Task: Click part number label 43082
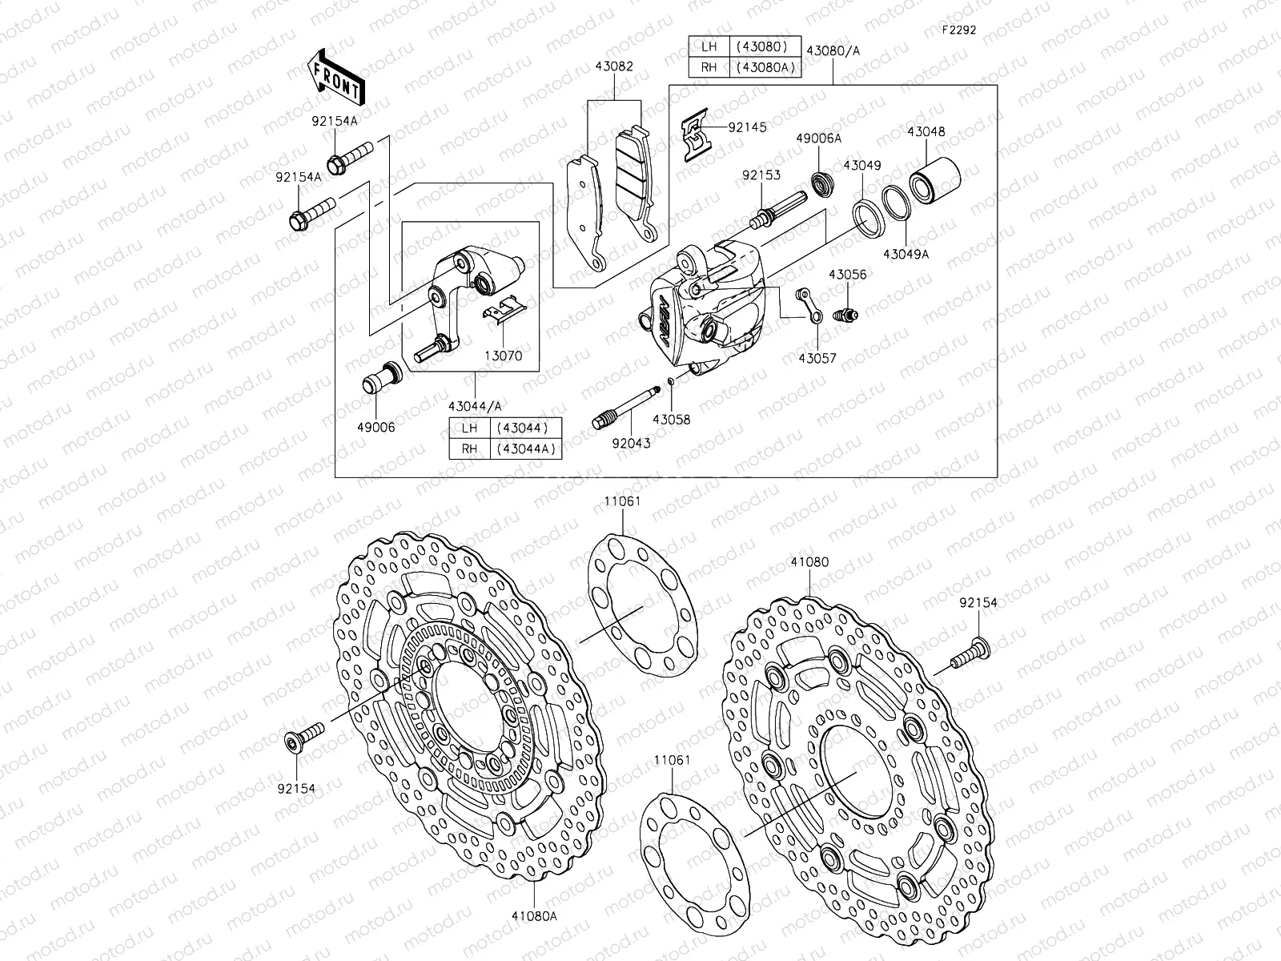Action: click(614, 66)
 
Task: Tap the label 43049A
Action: click(906, 254)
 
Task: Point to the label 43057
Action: click(816, 358)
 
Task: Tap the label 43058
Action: click(671, 420)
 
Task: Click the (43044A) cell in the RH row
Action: click(526, 448)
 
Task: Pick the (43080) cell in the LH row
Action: click(763, 46)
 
